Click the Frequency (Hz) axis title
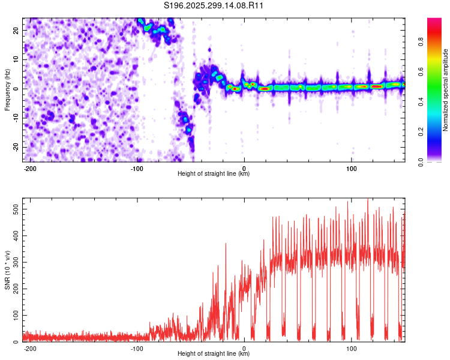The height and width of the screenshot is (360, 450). [7, 89]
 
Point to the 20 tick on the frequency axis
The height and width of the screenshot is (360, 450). [16, 30]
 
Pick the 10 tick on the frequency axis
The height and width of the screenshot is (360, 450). [16, 59]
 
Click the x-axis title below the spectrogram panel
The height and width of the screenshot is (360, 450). [214, 174]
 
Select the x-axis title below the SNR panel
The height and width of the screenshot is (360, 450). [214, 354]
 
